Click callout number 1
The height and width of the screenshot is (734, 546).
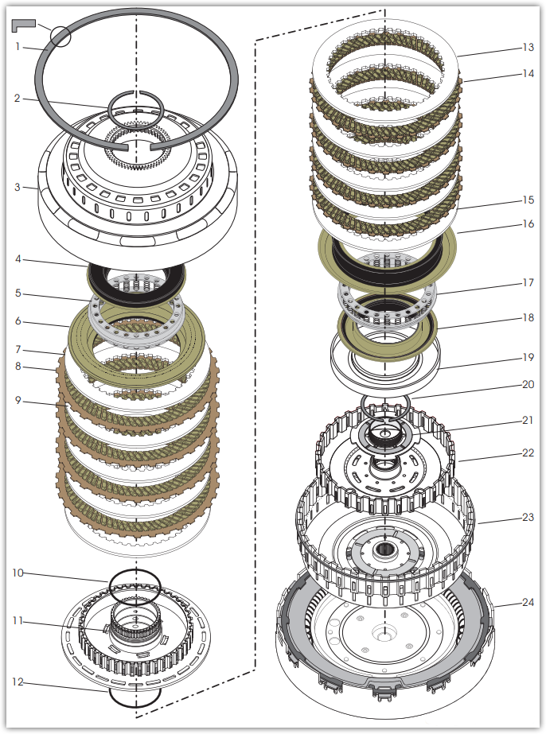point(18,46)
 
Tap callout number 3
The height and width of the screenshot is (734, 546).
point(18,187)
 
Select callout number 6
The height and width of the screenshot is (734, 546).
point(18,321)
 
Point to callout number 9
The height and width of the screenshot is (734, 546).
point(18,400)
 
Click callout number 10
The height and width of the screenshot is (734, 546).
point(18,573)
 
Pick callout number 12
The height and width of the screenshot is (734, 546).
point(18,682)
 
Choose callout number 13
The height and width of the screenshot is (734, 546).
point(528,47)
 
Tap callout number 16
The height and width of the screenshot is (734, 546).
point(528,223)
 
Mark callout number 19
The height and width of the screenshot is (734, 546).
point(528,357)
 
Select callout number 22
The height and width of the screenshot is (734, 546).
point(528,452)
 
